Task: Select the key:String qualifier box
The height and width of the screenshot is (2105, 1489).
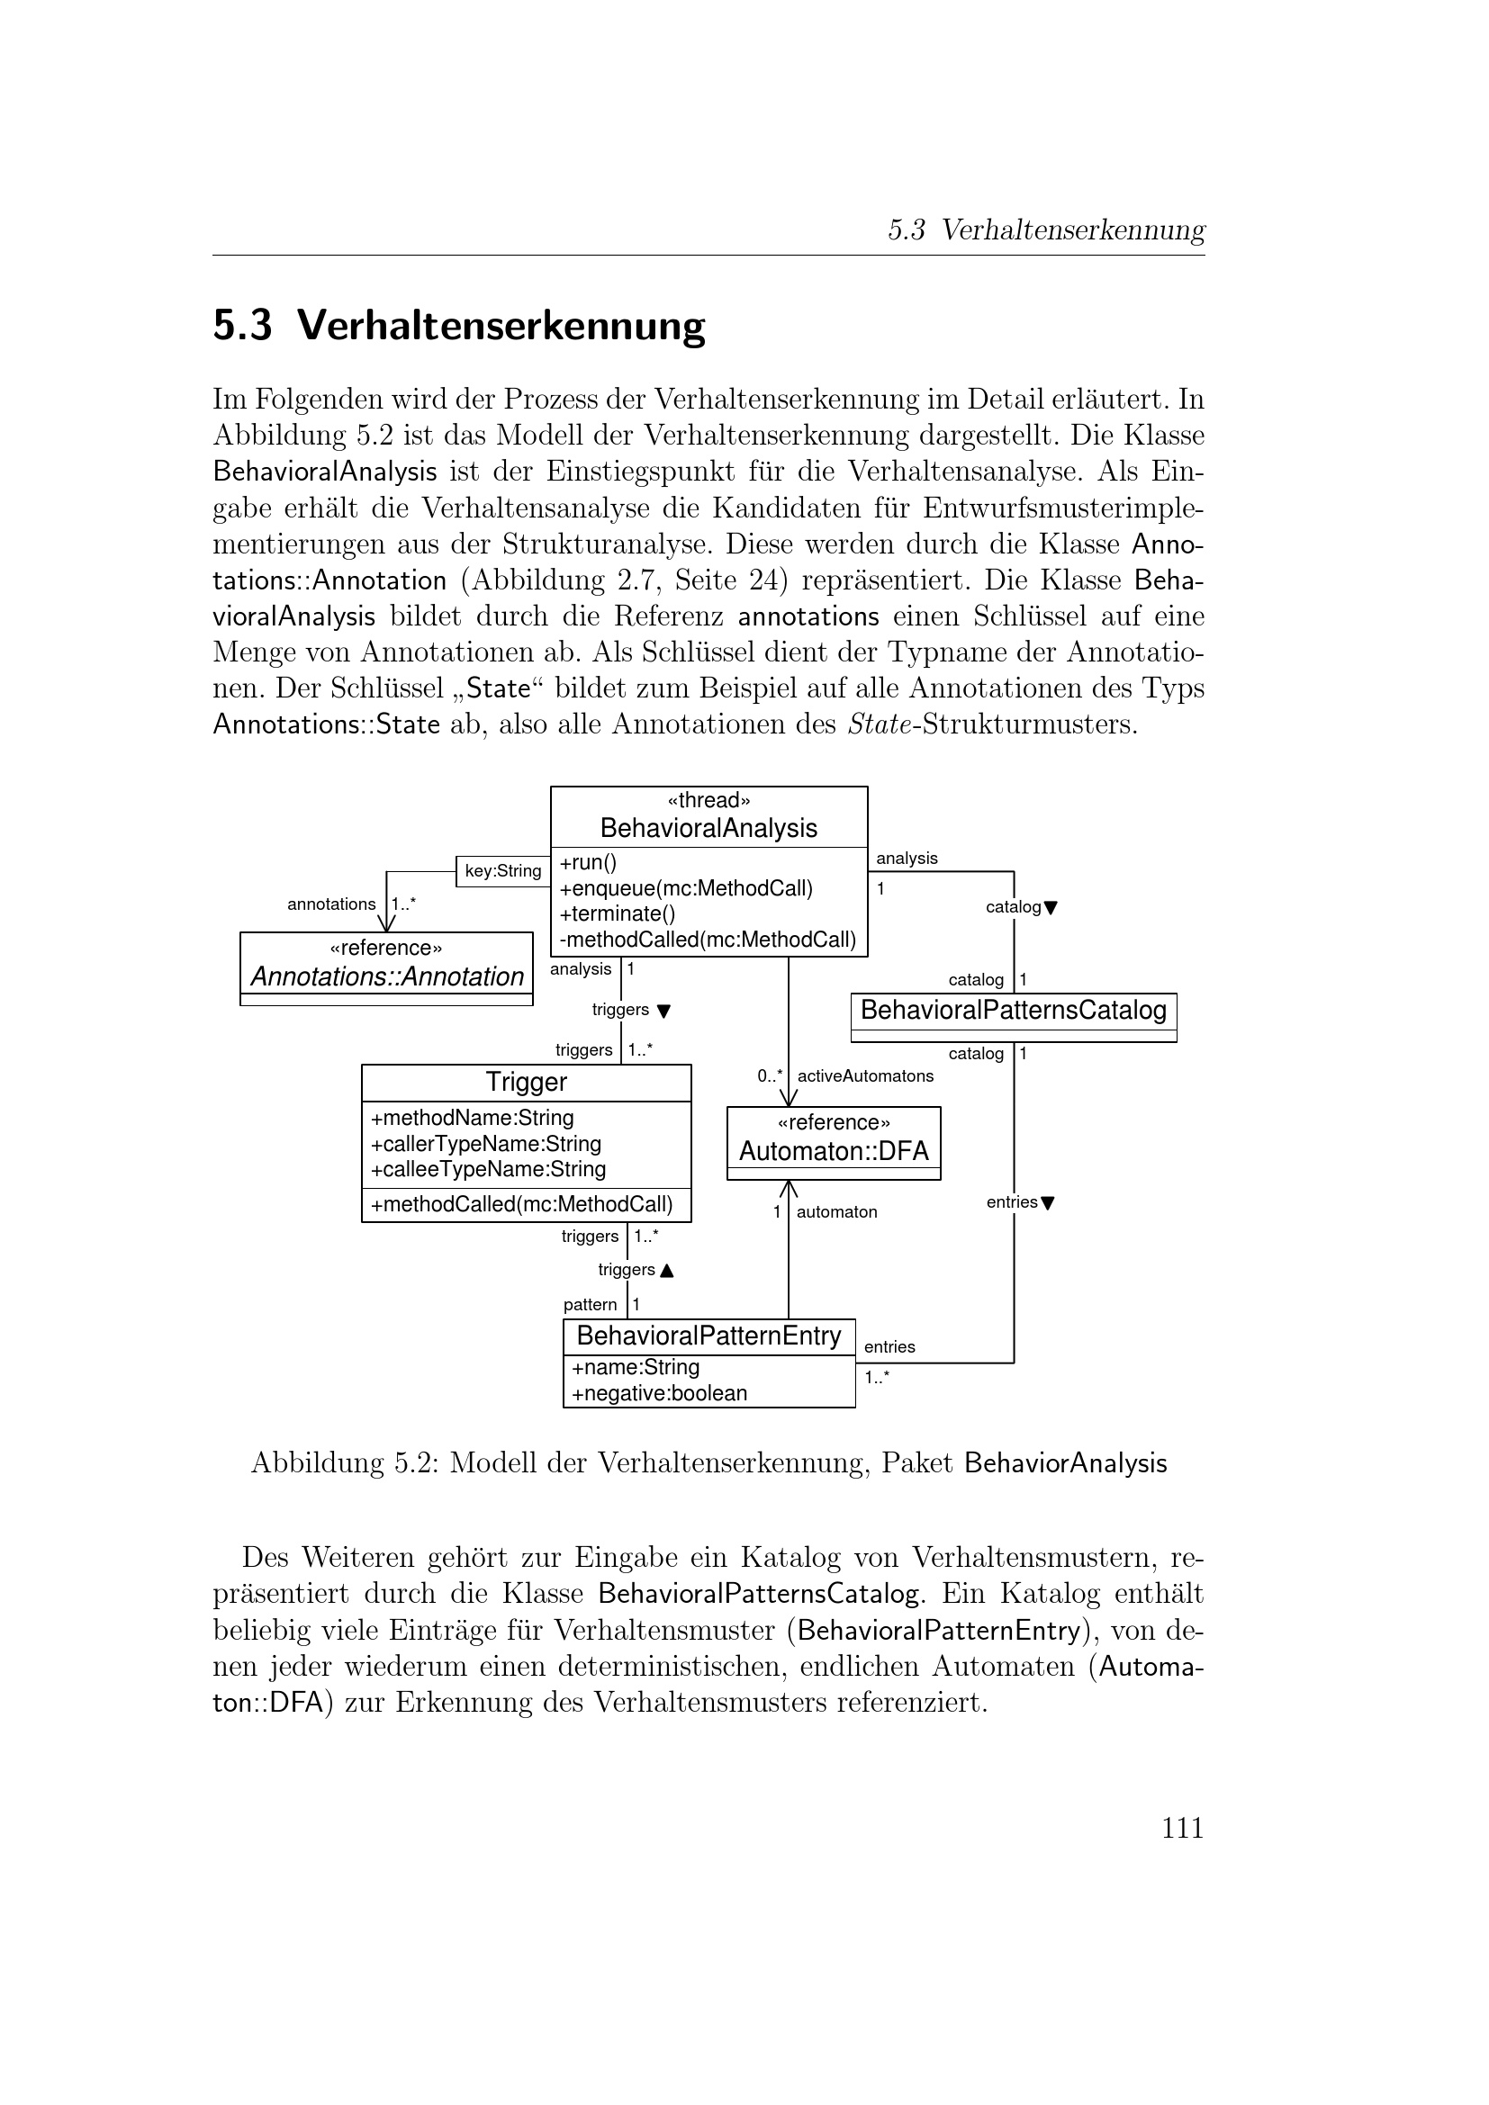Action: pos(502,871)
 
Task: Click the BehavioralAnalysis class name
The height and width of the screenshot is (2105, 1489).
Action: pos(708,828)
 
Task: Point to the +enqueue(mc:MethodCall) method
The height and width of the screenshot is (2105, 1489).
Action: pos(686,888)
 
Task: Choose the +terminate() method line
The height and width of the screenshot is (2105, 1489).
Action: pos(617,914)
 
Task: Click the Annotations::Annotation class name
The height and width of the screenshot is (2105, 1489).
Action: pos(386,976)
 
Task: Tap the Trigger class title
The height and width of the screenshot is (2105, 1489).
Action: pos(527,1082)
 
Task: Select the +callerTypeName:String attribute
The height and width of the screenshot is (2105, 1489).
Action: pos(486,1143)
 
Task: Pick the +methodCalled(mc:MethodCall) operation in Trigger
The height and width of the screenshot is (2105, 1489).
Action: pos(522,1204)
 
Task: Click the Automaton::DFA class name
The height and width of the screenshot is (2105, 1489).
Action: pos(834,1151)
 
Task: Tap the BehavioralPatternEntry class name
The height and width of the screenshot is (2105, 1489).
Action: pos(708,1336)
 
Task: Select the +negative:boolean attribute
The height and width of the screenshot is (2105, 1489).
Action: pos(659,1393)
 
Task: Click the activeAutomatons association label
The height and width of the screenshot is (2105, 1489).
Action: pos(864,1075)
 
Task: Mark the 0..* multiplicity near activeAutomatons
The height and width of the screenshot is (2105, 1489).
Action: pos(769,1075)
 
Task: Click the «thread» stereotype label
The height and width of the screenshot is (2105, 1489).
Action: pos(708,800)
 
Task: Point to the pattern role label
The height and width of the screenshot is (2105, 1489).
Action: pos(590,1305)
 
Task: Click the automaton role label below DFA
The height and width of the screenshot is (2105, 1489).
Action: pos(836,1212)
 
